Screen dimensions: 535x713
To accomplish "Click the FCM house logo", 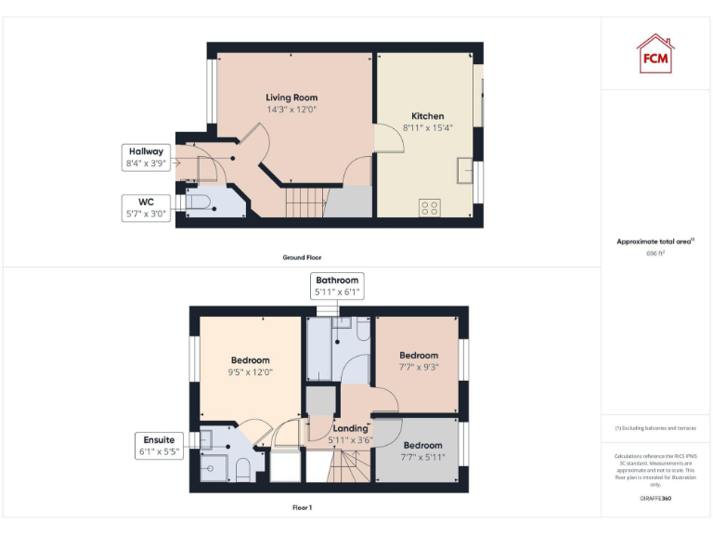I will click(655, 53).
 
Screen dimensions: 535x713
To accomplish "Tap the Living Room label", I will click(292, 98).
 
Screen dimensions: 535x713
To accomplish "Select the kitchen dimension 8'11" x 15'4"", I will click(422, 127).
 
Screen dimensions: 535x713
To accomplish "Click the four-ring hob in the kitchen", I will click(430, 208).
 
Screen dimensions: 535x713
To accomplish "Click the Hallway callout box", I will click(146, 157).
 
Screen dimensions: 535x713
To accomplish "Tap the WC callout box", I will click(146, 207).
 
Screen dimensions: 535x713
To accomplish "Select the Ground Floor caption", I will click(303, 257).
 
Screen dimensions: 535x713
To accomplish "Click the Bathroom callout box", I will click(337, 285).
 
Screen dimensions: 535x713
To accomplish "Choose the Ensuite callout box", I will click(159, 446).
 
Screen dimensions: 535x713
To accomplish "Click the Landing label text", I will click(351, 428).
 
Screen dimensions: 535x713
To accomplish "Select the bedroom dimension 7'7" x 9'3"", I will click(419, 366).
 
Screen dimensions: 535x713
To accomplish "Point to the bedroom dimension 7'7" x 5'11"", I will click(422, 456).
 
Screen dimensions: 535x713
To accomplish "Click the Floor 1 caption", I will click(303, 508).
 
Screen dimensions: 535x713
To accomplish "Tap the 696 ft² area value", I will click(655, 253).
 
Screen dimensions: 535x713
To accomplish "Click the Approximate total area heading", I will click(655, 241).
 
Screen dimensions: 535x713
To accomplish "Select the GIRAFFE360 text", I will click(655, 499).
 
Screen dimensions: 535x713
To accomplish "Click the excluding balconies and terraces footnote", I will click(655, 428).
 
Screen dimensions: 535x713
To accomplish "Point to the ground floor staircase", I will click(306, 199).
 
